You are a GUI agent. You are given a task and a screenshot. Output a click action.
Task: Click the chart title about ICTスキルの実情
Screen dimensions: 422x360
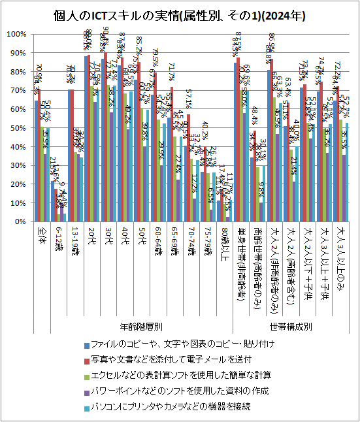[180, 14]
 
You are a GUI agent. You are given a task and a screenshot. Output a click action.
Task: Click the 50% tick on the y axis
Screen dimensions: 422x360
[17, 128]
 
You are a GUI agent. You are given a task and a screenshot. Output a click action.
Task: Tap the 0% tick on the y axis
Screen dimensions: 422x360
[20, 222]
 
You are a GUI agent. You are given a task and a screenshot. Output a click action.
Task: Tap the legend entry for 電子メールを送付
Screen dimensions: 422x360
[170, 359]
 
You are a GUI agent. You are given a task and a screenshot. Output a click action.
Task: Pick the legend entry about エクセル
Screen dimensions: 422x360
[176, 375]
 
